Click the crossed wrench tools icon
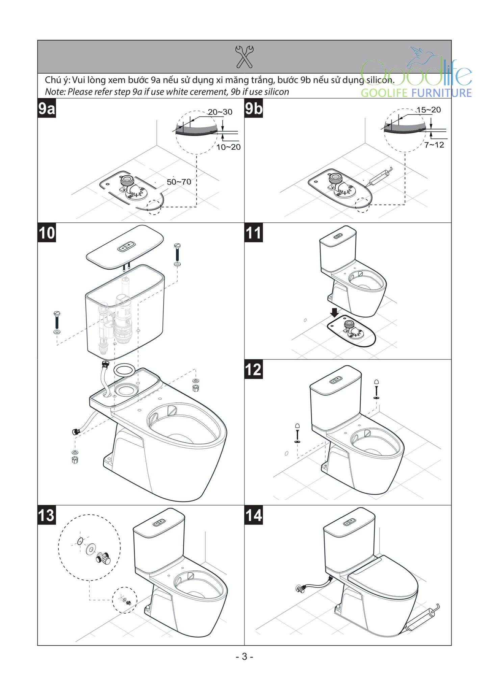click(244, 56)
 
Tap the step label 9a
click(47, 108)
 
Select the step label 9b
click(254, 108)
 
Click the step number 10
click(47, 233)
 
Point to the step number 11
click(254, 233)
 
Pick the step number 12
click(254, 370)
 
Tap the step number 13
click(47, 516)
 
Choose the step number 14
click(254, 516)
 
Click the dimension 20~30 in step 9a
click(220, 112)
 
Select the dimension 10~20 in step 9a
click(228, 147)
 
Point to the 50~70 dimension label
click(179, 182)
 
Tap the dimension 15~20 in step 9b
click(429, 110)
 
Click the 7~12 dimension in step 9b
click(434, 145)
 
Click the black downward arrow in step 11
click(334, 313)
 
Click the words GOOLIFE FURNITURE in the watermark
click(416, 93)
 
